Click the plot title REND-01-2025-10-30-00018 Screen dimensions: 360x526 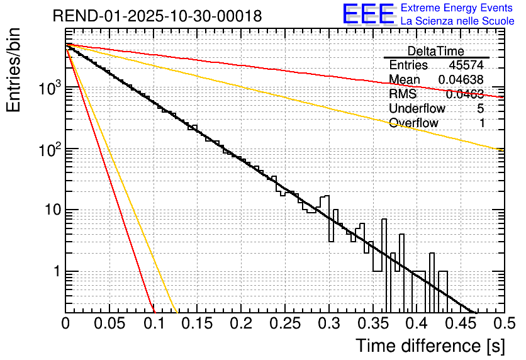pos(157,16)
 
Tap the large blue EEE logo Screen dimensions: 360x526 pos(368,14)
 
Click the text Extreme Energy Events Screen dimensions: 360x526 pos(457,8)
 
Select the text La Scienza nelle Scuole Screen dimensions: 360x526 pos(457,21)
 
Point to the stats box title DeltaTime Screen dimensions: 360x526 pos(436,51)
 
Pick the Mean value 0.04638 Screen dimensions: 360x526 pos(461,80)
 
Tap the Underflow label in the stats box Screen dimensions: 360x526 pos(417,108)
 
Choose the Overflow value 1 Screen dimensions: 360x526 pos(482,123)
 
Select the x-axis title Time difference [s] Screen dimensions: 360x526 pos(430,346)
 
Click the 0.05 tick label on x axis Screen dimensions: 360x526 pos(109,323)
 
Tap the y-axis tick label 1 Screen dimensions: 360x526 pos(57,272)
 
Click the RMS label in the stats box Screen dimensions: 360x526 pos(403,94)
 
